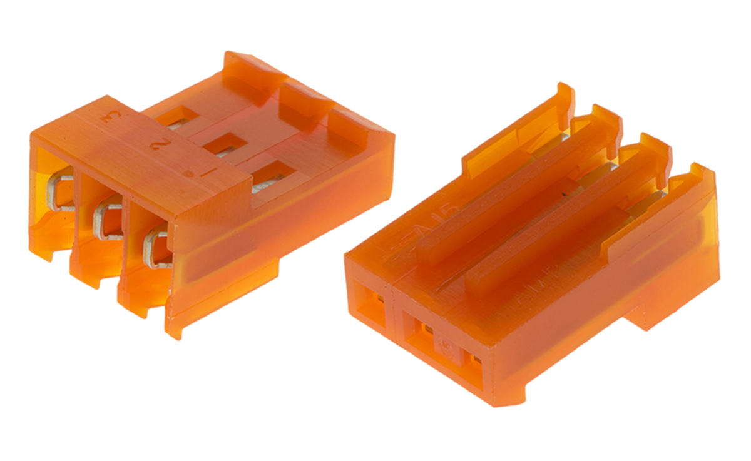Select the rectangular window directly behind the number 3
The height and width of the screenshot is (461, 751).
tap(173, 116)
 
